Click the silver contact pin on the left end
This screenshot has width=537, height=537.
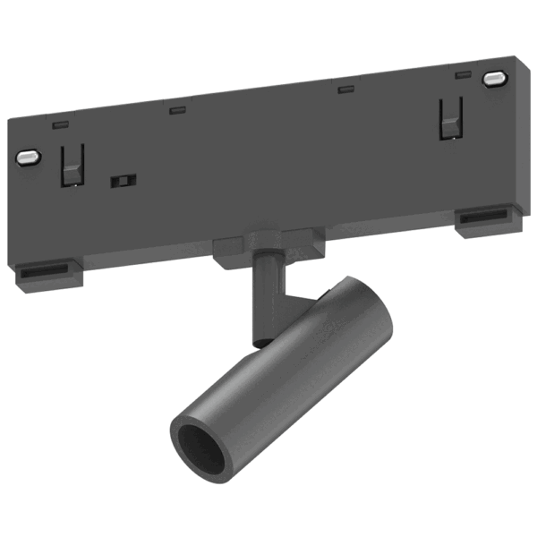pyautogui.click(x=29, y=158)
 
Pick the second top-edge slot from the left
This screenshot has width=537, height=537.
pyautogui.click(x=177, y=111)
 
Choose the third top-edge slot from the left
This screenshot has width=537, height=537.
pyautogui.click(x=344, y=88)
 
